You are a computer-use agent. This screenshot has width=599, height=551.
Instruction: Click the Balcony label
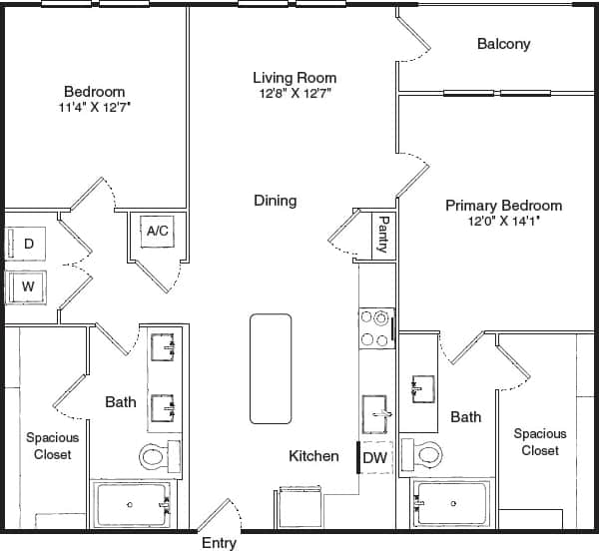point(503,44)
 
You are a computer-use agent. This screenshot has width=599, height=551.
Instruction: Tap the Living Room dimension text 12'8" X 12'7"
point(294,93)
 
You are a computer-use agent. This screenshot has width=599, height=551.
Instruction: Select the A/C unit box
point(158,232)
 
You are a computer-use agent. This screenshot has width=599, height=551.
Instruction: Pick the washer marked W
point(27,286)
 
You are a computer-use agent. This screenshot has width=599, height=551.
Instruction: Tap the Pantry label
point(383,235)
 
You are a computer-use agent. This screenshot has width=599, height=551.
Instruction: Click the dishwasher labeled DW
point(374,457)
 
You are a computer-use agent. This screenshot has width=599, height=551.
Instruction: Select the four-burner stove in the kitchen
point(374,329)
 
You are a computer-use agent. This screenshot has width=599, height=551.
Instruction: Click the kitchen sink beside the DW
point(376,408)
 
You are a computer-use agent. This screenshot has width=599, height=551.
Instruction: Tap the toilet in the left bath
point(156,457)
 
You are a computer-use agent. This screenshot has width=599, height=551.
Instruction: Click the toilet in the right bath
point(426,455)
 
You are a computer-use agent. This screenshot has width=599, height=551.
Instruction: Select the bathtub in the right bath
point(452,504)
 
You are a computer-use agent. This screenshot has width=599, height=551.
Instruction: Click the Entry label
point(219,543)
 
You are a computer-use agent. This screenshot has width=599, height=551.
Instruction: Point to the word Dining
point(275,201)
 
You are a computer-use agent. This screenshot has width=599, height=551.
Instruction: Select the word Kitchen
point(313,456)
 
